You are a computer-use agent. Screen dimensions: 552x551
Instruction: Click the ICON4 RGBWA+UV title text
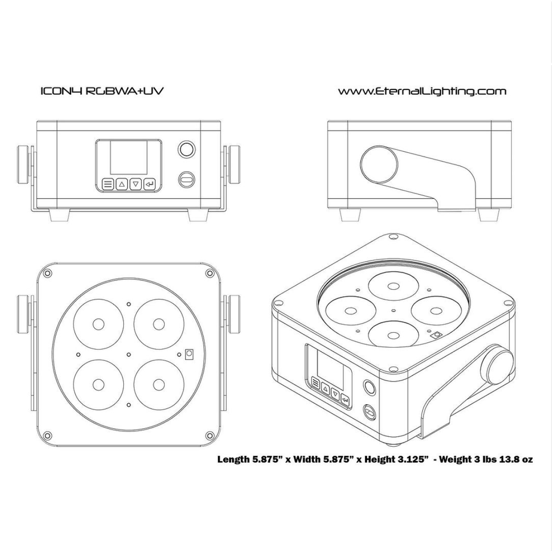coord(102,91)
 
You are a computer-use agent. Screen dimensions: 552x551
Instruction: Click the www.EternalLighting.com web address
coord(422,91)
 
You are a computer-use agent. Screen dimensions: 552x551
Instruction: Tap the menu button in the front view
coord(108,184)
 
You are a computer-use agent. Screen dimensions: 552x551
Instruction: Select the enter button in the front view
coord(150,184)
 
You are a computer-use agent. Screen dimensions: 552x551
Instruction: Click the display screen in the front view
coord(129,158)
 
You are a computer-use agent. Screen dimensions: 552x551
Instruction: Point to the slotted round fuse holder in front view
coord(186,180)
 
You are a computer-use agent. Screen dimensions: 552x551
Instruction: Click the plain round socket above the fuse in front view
coord(186,149)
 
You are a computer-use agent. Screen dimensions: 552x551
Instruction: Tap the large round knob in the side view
coord(379,165)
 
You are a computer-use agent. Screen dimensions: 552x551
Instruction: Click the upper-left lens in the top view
coord(98,324)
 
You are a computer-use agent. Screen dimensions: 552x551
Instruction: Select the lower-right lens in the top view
coord(159,384)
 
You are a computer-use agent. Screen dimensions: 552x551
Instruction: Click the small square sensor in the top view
coord(189,354)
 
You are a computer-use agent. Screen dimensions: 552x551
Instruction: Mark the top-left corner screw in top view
coord(48,273)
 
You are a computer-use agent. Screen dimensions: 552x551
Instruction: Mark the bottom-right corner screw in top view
coord(210,436)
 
